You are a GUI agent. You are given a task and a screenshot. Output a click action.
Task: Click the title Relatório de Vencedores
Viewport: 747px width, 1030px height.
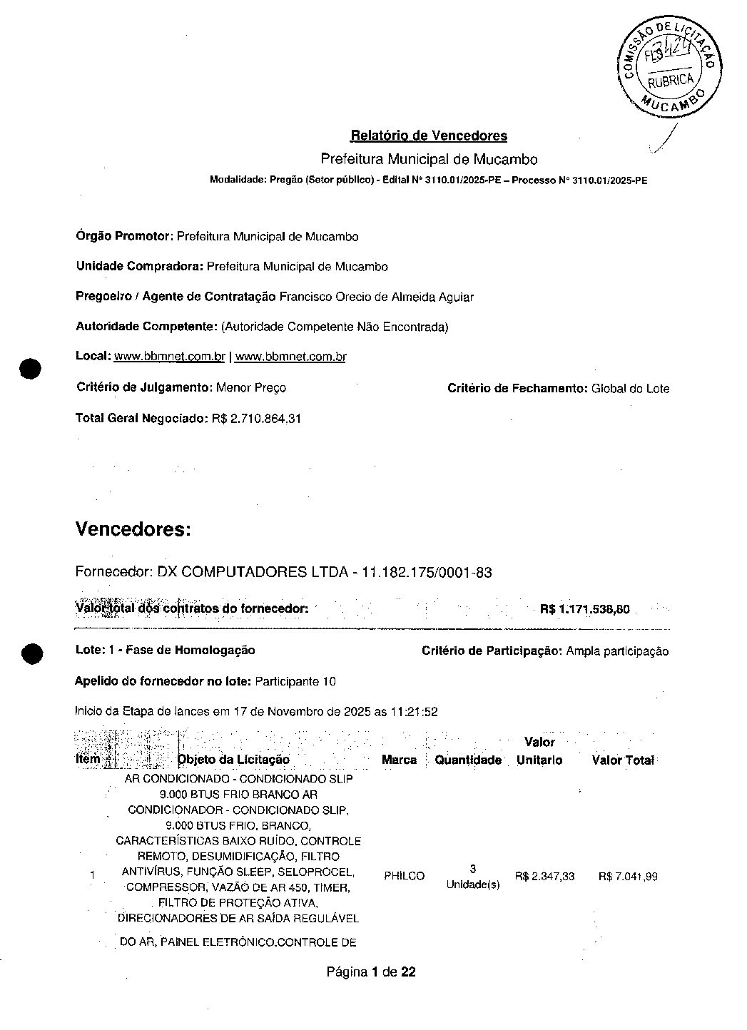tap(429, 136)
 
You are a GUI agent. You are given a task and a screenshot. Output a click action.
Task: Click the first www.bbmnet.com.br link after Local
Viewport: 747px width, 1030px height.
tap(170, 357)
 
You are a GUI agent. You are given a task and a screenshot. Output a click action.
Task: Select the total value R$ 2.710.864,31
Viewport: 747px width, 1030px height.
tap(256, 419)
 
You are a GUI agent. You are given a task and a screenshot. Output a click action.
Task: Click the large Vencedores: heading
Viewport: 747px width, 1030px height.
tap(133, 529)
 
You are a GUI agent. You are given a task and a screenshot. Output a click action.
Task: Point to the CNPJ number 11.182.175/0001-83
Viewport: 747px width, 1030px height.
tap(427, 572)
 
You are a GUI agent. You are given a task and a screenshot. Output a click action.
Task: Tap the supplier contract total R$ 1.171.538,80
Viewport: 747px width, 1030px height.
tap(585, 609)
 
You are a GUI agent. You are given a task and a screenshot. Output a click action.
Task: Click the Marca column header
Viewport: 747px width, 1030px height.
tap(399, 760)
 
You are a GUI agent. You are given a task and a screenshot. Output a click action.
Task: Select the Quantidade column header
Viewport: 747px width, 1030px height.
tap(468, 760)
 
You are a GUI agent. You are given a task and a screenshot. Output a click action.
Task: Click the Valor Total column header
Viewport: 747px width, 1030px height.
tap(623, 760)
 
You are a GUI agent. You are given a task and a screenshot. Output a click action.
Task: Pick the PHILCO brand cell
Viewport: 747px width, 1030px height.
tap(404, 876)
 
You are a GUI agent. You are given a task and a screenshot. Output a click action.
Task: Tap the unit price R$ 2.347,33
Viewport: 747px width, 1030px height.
tap(544, 876)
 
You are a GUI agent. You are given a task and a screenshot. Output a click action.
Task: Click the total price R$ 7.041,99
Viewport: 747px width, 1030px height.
tap(628, 876)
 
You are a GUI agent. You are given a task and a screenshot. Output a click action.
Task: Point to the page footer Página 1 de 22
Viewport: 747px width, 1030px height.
tap(371, 972)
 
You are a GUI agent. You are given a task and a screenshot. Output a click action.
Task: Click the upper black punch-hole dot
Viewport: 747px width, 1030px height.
tap(31, 369)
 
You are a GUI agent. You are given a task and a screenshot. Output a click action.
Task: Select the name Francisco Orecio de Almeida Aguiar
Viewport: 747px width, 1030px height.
tap(376, 297)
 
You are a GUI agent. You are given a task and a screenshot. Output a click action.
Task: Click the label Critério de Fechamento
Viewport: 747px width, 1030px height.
tap(517, 388)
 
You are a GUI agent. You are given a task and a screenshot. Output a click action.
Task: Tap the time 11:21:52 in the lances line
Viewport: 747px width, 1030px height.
tap(414, 712)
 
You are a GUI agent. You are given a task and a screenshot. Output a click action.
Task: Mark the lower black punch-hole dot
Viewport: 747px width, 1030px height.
tap(31, 654)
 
